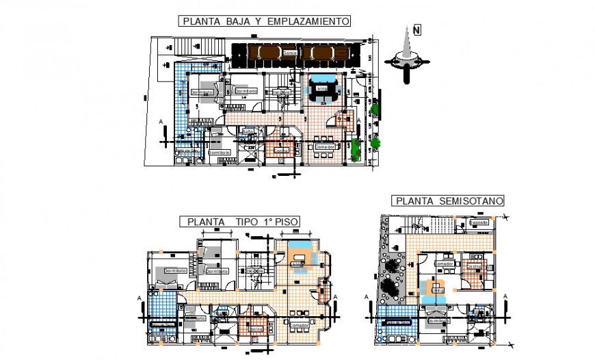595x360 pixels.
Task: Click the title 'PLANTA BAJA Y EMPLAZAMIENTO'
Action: pyautogui.click(x=266, y=21)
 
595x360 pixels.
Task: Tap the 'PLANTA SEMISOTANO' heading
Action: pyautogui.click(x=449, y=201)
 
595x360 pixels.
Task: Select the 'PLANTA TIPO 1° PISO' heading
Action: pyautogui.click(x=243, y=221)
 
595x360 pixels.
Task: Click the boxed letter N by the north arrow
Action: pyautogui.click(x=416, y=29)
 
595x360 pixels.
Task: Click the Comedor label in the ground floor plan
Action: pyautogui.click(x=324, y=146)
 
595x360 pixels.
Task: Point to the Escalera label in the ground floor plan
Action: pyautogui.click(x=281, y=91)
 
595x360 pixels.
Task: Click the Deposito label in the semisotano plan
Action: pyautogui.click(x=479, y=222)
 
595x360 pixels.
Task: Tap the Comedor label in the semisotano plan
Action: pyautogui.click(x=445, y=263)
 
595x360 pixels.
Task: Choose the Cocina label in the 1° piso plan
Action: pyautogui.click(x=255, y=329)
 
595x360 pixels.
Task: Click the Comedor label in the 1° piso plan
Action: pyautogui.click(x=300, y=325)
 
